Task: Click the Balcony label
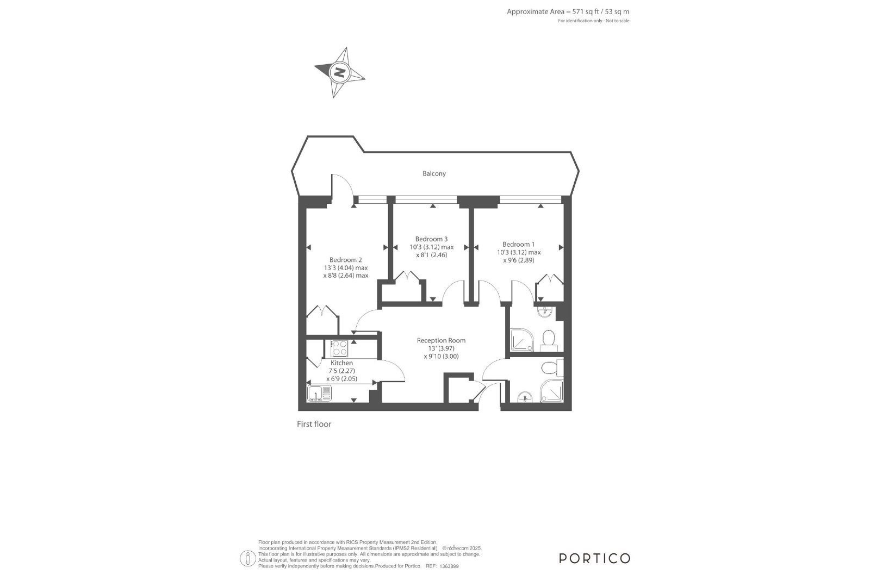tap(434, 173)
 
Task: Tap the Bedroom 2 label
tap(346, 260)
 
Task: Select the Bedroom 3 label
tap(432, 239)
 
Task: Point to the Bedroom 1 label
tap(519, 244)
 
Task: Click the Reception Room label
tap(441, 340)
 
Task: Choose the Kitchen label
tap(342, 363)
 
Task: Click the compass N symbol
tap(339, 72)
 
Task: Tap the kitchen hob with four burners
tap(339, 348)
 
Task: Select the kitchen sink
tap(319, 393)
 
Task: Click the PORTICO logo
tap(594, 558)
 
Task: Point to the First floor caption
tap(314, 424)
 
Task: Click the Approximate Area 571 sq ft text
tap(568, 11)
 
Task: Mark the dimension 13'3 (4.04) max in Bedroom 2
tap(346, 268)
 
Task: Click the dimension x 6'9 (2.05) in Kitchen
tap(342, 379)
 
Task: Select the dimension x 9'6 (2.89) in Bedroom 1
tap(519, 260)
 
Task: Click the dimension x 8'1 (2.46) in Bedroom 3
tap(432, 255)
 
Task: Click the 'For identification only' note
tap(593, 21)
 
